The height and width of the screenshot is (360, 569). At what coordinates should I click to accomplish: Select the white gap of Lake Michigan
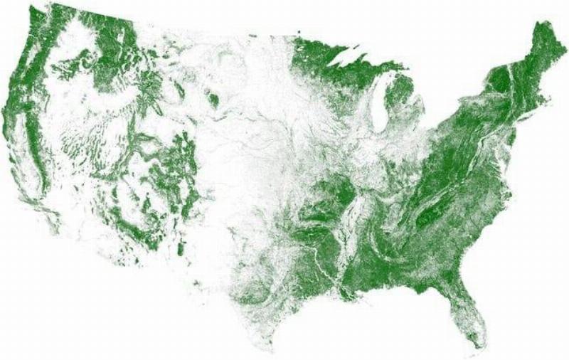(380, 107)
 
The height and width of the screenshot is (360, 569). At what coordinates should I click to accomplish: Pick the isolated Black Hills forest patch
(213, 100)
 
